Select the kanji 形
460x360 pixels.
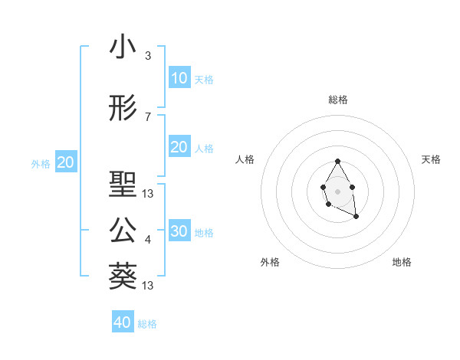coord(123,109)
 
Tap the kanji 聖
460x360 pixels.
coord(123,185)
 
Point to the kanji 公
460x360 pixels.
coord(123,231)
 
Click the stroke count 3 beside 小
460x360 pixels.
coord(148,56)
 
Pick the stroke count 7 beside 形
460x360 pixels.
coord(148,117)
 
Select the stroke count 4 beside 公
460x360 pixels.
coord(148,240)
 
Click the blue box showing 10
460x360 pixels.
coord(179,78)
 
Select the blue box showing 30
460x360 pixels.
coord(179,231)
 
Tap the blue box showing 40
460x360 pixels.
coord(123,322)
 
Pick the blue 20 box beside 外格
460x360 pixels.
coord(65,162)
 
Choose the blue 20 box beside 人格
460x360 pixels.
coord(179,147)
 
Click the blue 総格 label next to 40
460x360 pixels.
coord(147,324)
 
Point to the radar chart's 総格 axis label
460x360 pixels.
coord(337,100)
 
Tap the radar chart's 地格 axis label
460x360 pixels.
coord(402,263)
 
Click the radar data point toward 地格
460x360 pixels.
coord(356,217)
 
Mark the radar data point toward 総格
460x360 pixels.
coord(337,162)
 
